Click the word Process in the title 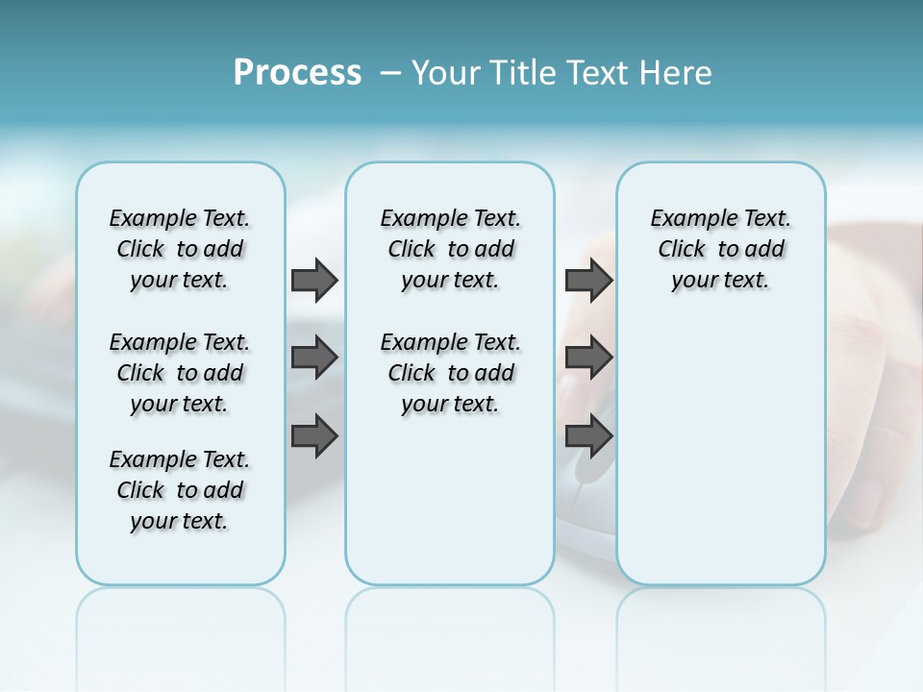coord(297,73)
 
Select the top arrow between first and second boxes coord(314,280)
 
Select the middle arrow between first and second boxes coord(314,358)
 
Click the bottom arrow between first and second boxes coord(314,435)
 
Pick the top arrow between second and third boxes coord(588,280)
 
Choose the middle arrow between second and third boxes coord(588,358)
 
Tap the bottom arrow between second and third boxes coord(588,435)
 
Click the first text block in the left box coord(180,249)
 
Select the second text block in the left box coord(180,373)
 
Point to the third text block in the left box coord(180,490)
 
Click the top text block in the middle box coord(450,249)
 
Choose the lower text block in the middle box coord(450,373)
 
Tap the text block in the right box coord(721,249)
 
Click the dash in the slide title coord(390,73)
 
